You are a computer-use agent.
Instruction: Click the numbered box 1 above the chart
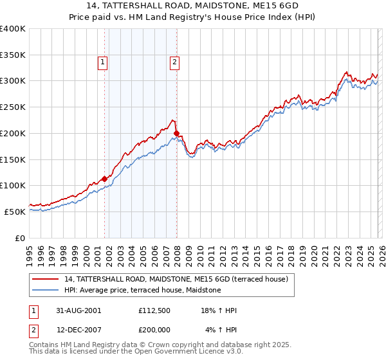[x=103, y=62]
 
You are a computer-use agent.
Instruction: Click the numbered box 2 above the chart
[x=174, y=62]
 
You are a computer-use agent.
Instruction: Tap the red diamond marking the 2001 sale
[x=104, y=179]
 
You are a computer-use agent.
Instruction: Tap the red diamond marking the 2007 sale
[x=176, y=133]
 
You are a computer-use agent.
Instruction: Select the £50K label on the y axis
[x=16, y=212]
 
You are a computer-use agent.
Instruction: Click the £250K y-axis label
[x=14, y=107]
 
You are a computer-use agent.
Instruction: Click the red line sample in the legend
[x=46, y=279]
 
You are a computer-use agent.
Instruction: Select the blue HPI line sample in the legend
[x=46, y=291]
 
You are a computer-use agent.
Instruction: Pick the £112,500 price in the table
[x=154, y=310]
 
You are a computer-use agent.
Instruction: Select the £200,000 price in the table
[x=154, y=330]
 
